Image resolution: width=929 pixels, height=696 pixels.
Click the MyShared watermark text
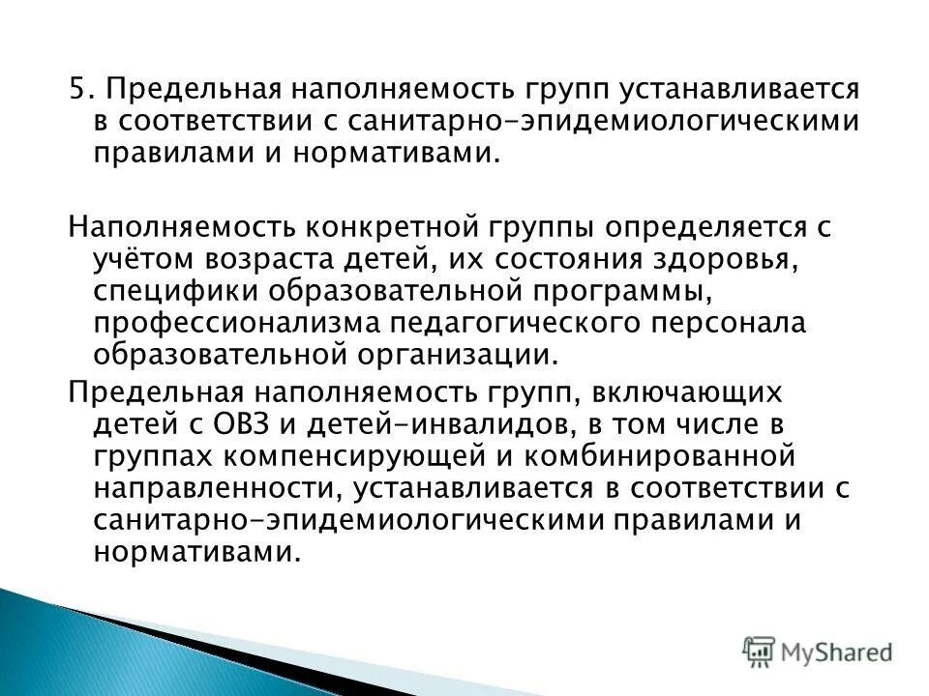click(x=839, y=650)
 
